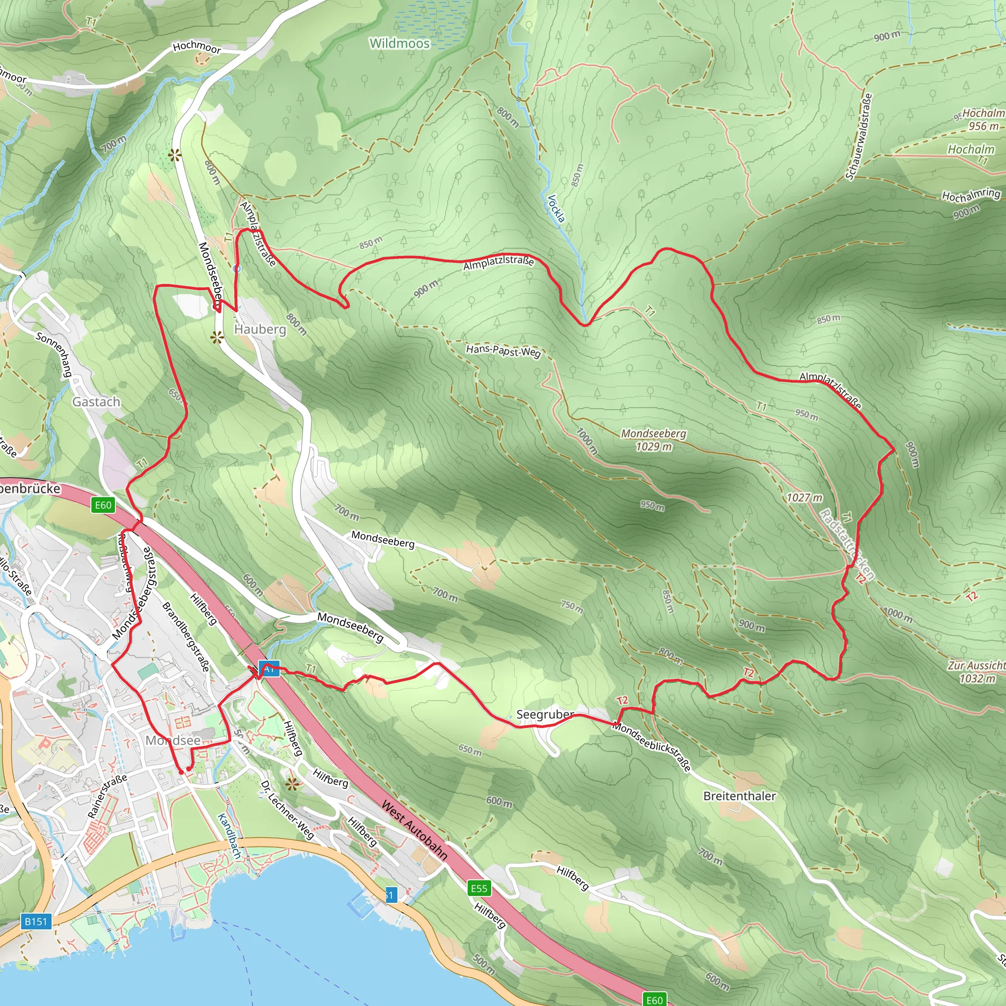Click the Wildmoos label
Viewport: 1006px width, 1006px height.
pyautogui.click(x=399, y=43)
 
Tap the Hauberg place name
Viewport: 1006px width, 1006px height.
pyautogui.click(x=260, y=329)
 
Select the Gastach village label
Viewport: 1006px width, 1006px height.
pyautogui.click(x=96, y=401)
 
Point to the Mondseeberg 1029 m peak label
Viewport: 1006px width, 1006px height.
pyautogui.click(x=653, y=440)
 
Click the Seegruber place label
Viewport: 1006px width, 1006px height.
pyautogui.click(x=545, y=714)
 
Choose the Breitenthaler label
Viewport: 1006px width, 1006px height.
pyautogui.click(x=739, y=796)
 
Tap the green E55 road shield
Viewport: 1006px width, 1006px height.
pyautogui.click(x=478, y=888)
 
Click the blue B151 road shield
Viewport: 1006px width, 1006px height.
pyautogui.click(x=36, y=921)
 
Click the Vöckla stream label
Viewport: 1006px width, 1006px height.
pyautogui.click(x=556, y=208)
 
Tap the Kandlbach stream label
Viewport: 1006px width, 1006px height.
pyautogui.click(x=229, y=836)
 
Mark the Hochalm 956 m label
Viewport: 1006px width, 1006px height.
pyautogui.click(x=982, y=119)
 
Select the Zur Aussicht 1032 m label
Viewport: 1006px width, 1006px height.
pyautogui.click(x=976, y=671)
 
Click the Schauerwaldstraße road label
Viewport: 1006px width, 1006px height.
pyautogui.click(x=859, y=137)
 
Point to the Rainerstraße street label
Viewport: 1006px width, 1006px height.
pyautogui.click(x=107, y=796)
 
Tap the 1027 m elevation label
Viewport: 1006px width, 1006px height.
pyautogui.click(x=805, y=497)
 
